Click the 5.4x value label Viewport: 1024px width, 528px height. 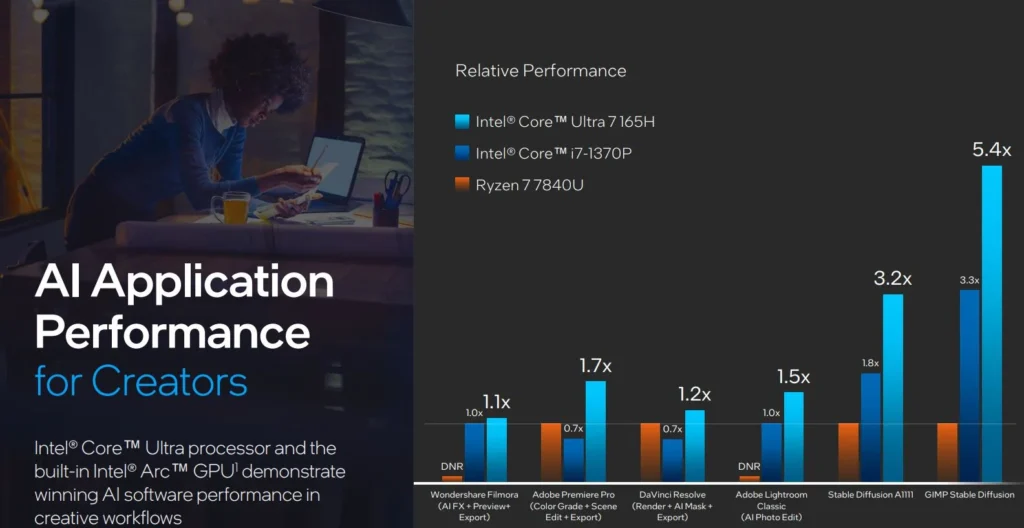[992, 150]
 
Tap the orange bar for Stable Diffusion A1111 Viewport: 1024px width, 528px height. [849, 451]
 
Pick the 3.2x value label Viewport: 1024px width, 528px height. [893, 278]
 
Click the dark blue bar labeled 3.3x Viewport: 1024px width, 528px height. [969, 385]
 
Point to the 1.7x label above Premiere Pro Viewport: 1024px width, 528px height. [595, 366]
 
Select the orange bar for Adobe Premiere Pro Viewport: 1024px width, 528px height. [551, 451]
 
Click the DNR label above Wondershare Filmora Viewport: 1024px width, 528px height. [452, 466]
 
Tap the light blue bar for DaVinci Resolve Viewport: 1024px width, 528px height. [694, 446]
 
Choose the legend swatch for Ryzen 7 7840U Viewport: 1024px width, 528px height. [461, 184]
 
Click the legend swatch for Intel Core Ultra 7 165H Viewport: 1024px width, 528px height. [461, 122]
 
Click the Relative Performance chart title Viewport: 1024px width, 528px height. [540, 70]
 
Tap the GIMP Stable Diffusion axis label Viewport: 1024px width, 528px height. [969, 495]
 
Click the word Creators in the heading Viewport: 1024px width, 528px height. [170, 381]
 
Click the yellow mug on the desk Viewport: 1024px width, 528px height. [236, 208]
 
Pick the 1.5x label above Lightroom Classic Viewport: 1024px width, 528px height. [793, 377]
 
